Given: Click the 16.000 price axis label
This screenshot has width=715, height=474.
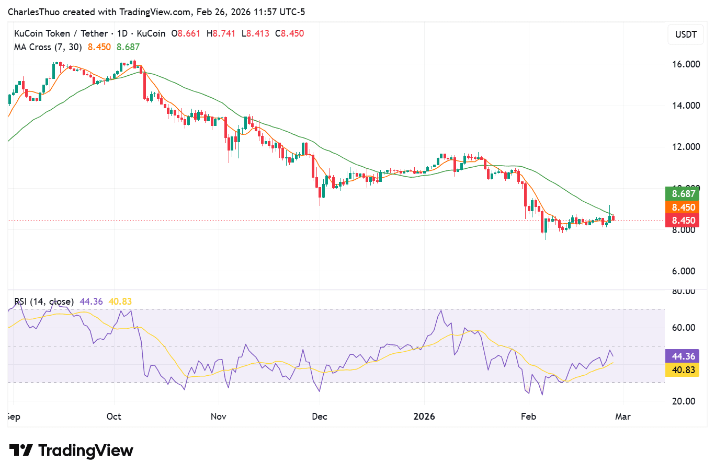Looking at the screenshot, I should (686, 64).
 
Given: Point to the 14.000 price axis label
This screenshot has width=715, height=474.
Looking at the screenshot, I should (686, 106).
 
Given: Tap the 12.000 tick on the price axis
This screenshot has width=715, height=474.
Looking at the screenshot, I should (686, 147).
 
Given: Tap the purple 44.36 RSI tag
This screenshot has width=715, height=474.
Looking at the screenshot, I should (683, 356).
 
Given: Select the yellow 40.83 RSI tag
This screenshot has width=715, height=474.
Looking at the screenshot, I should (683, 370).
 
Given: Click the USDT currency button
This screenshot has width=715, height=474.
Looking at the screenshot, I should (686, 34).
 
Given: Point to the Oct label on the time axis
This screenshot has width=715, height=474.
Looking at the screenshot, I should (114, 417).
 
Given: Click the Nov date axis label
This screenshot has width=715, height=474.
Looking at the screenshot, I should (218, 417).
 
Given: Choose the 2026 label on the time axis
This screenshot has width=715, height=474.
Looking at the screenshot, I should (424, 417).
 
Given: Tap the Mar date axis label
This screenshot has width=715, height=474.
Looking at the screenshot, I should (623, 417).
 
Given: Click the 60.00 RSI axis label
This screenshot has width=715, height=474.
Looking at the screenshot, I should (684, 328).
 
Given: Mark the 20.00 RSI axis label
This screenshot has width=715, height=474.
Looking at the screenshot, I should (684, 401).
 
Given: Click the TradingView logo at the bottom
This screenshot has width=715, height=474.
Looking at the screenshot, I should (72, 450).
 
